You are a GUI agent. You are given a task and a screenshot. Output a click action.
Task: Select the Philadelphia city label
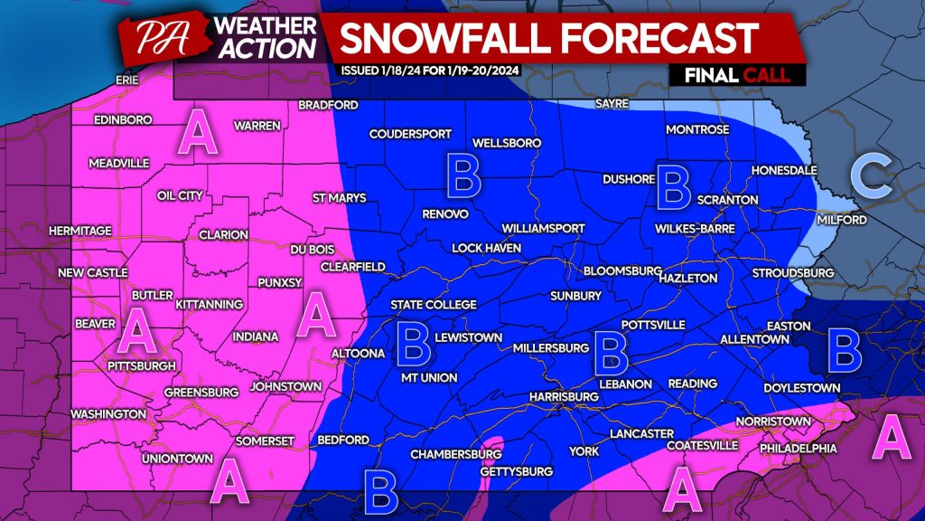[799, 449]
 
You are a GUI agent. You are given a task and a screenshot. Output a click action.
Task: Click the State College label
[434, 305]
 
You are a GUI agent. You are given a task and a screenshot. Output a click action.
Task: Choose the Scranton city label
[728, 200]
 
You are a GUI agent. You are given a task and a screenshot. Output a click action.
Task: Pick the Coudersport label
[410, 135]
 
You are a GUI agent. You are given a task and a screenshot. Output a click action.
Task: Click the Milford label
[842, 221]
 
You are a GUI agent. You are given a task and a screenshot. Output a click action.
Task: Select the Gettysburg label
[516, 472]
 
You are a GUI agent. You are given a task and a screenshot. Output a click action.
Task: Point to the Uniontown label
[176, 459]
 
